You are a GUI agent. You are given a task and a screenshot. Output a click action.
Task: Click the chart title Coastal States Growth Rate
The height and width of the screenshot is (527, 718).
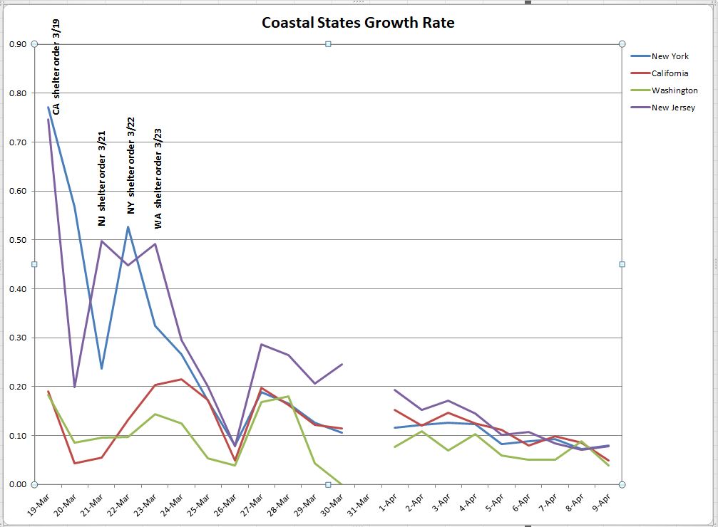click(358, 22)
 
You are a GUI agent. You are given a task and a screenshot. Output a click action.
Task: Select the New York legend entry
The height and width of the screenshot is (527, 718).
click(670, 56)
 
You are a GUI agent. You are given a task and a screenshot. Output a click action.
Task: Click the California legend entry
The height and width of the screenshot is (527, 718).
click(670, 73)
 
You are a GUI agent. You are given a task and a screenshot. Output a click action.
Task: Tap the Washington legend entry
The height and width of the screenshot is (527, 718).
click(674, 90)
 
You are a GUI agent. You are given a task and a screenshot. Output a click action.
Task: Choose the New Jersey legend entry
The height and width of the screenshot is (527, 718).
click(672, 108)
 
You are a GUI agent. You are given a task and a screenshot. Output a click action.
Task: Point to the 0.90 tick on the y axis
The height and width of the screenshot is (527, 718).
click(18, 44)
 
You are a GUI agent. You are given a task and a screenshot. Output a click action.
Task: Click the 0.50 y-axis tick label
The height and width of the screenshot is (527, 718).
click(18, 240)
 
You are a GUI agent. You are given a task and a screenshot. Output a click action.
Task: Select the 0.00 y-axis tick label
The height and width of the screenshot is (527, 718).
click(18, 484)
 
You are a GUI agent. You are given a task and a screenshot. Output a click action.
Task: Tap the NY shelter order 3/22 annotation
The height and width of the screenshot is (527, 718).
click(130, 166)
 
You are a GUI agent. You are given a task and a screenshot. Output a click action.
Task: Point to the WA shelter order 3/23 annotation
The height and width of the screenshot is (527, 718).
click(158, 178)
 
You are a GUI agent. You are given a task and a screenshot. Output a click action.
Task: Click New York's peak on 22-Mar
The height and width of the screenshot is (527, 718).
click(128, 227)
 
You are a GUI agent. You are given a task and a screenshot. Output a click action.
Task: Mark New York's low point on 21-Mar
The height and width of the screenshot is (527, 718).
click(101, 368)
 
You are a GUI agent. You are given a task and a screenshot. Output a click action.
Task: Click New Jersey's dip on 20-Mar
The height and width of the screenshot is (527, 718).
click(75, 387)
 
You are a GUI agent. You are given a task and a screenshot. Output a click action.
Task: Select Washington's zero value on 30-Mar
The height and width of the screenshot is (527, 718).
click(342, 484)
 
